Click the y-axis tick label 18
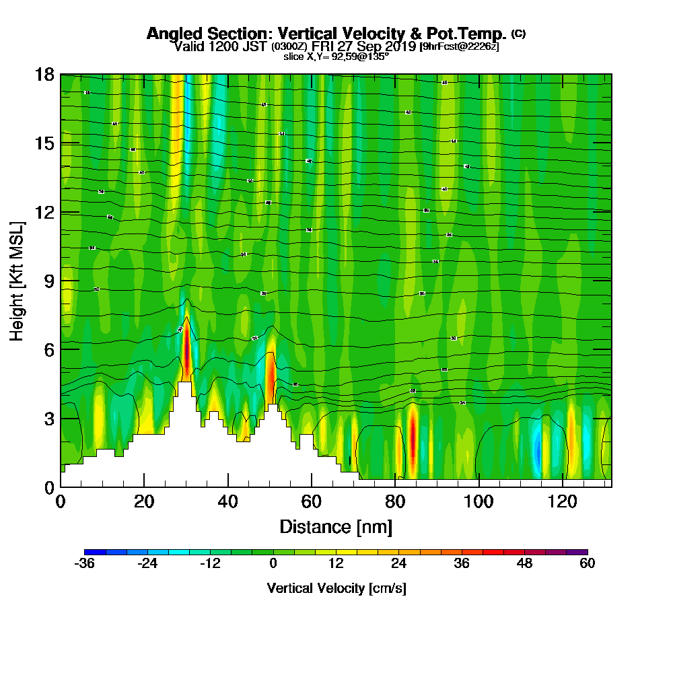click(x=44, y=75)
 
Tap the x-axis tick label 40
click(x=228, y=501)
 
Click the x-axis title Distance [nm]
click(x=336, y=526)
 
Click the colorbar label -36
click(x=85, y=564)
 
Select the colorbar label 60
click(x=587, y=564)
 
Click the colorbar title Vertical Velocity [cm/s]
click(x=336, y=588)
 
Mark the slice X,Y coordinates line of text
click(x=336, y=57)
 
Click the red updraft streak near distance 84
click(x=412, y=437)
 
